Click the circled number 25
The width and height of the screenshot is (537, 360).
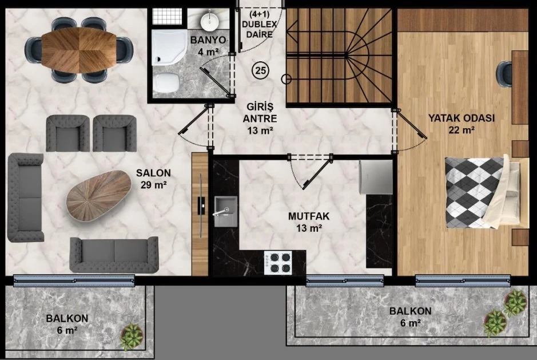[261, 70]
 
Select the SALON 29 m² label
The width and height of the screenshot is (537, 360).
[153, 179]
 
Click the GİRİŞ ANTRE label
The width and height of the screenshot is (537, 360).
[260, 118]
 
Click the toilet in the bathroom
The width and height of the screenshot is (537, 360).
[166, 82]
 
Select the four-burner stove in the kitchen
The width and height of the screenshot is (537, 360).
[278, 262]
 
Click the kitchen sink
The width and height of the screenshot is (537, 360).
[226, 211]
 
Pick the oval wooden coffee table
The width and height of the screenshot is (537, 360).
[98, 195]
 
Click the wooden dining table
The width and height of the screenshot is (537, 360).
[79, 50]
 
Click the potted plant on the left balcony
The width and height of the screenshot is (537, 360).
[132, 335]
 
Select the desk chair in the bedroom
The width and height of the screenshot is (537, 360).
[505, 74]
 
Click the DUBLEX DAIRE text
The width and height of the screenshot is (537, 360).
[259, 29]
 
